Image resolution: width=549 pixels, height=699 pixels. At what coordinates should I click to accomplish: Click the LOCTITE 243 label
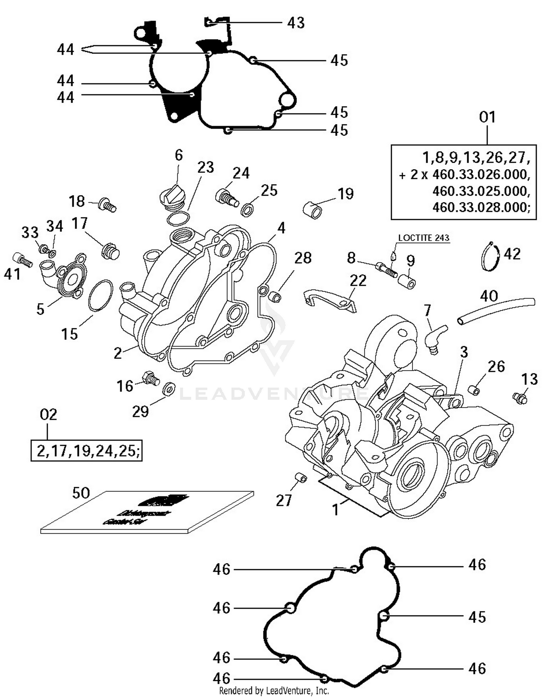pyautogui.click(x=423, y=238)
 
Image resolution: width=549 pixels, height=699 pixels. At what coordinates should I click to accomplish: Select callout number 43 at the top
pyautogui.click(x=296, y=23)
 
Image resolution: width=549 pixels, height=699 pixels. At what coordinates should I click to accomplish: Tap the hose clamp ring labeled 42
pyautogui.click(x=490, y=257)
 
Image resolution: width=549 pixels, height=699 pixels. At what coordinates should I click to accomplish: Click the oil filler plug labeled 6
pyautogui.click(x=173, y=197)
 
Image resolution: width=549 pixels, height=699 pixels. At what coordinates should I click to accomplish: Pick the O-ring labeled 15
pyautogui.click(x=101, y=295)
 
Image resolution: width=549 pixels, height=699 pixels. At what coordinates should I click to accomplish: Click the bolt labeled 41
pyautogui.click(x=23, y=260)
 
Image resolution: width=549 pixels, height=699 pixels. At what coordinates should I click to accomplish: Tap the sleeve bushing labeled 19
pyautogui.click(x=313, y=210)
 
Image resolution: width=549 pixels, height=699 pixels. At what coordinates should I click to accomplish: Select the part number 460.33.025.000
pyautogui.click(x=481, y=191)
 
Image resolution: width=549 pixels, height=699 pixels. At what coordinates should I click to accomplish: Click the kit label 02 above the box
pyautogui.click(x=48, y=415)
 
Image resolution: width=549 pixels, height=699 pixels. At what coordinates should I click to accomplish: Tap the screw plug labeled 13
pyautogui.click(x=520, y=398)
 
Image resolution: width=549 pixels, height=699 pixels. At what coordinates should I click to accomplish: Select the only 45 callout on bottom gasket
pyautogui.click(x=477, y=617)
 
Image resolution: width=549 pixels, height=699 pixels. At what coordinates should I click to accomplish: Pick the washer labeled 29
pyautogui.click(x=169, y=389)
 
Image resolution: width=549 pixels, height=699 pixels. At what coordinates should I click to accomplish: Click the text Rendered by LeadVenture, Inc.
pyautogui.click(x=274, y=691)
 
